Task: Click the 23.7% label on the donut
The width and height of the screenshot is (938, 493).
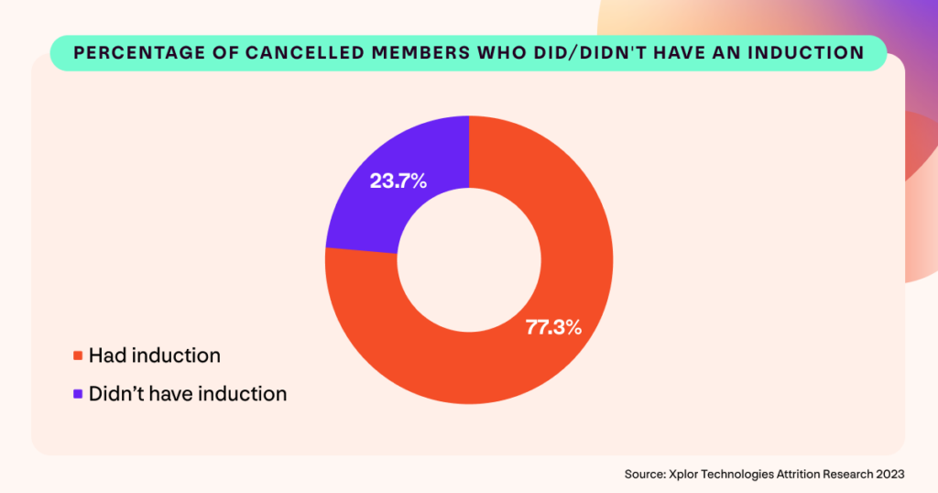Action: point(398,181)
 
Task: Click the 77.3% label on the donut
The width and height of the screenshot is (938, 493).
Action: point(552,327)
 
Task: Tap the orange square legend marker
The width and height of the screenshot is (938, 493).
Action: point(78,356)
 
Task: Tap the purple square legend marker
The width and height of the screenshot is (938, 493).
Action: point(78,394)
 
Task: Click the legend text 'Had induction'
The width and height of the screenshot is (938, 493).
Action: point(154,356)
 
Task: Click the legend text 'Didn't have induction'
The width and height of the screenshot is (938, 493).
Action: point(187,394)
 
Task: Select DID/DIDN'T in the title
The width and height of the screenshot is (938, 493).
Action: point(546,53)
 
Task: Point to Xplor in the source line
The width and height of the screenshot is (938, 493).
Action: point(684,474)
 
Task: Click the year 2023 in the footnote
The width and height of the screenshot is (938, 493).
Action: point(889,474)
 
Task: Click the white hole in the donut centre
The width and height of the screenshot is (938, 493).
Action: point(469,259)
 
